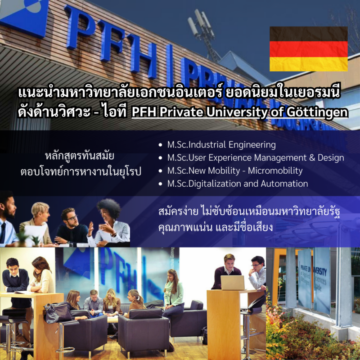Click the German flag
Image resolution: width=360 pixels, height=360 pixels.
(309, 49)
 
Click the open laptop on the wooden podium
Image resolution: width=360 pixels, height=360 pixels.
(232, 283)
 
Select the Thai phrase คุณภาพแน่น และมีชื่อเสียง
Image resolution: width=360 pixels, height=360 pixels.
(216, 228)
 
